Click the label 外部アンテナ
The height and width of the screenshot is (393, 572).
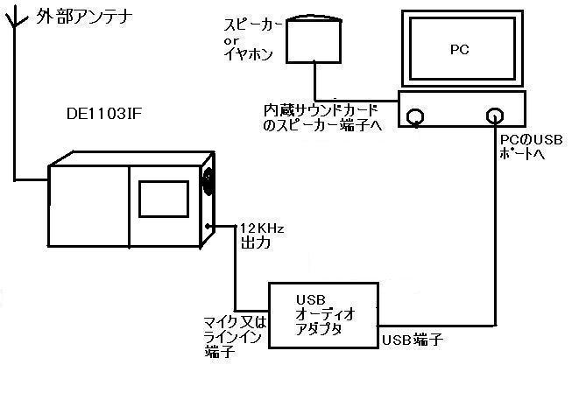pos(83,18)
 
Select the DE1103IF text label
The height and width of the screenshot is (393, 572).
pos(103,114)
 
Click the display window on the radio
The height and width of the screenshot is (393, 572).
pos(164,199)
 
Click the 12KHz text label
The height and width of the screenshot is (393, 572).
pos(262,228)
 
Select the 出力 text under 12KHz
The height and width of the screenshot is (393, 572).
pos(256,242)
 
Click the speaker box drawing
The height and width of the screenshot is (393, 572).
pos(314,39)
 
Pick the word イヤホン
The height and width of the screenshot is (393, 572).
pos(249,54)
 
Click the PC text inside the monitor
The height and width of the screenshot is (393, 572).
pos(459,49)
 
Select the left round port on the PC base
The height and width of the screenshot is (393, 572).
pos(415,116)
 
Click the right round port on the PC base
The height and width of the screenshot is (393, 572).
pos(495,116)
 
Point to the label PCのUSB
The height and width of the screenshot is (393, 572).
pos(531,140)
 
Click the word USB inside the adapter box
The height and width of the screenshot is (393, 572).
pos(311,300)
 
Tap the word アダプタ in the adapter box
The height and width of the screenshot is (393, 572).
pos(318,329)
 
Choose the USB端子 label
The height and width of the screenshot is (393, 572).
pos(413,340)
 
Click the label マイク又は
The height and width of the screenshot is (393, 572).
pos(235,323)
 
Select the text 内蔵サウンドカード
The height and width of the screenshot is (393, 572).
pos(321,110)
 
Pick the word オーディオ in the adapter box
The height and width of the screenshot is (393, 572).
pos(325,314)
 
